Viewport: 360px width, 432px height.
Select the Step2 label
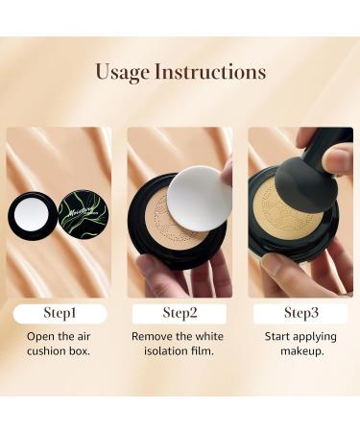179,314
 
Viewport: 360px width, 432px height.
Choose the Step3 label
300,314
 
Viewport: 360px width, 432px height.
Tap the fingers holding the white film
227,173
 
